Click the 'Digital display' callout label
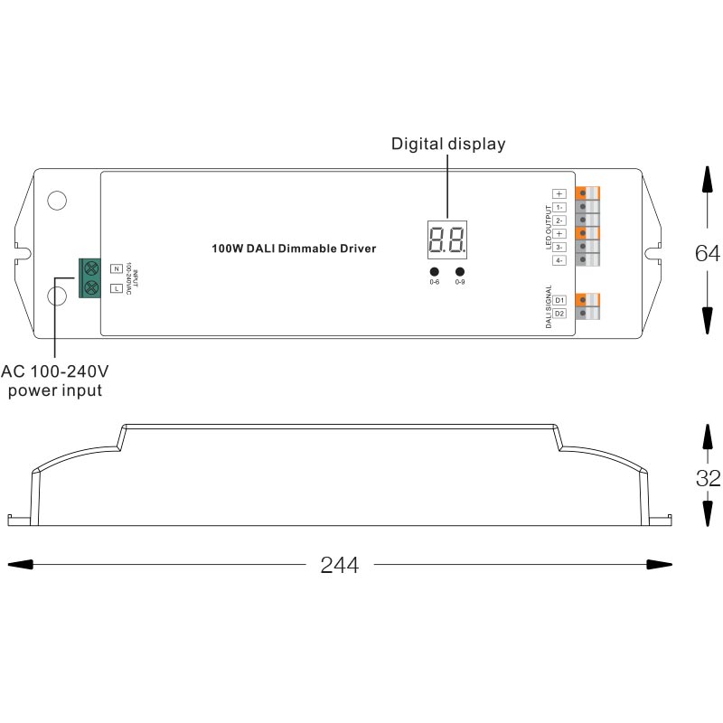click(448, 144)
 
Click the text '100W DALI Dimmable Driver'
click(294, 248)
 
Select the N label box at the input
click(116, 268)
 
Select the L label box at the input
click(116, 288)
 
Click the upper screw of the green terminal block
click(90, 268)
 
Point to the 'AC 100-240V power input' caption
click(55, 381)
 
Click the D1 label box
click(559, 299)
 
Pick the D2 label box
click(559, 314)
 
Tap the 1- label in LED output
click(559, 207)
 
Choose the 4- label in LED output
click(559, 260)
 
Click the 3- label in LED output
click(559, 247)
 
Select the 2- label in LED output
click(559, 221)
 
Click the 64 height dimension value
click(708, 254)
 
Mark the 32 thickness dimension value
click(708, 479)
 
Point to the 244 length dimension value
click(340, 566)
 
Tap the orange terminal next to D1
click(589, 299)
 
